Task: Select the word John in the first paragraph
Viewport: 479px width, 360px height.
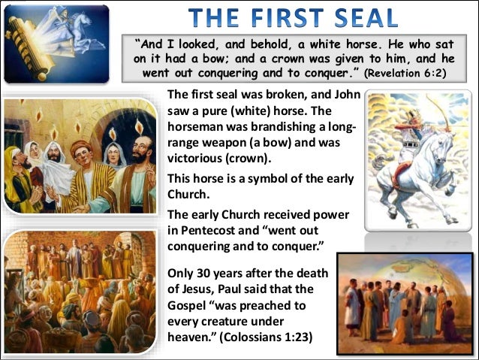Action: (x=347, y=96)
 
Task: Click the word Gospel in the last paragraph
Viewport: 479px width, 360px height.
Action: (x=188, y=304)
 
